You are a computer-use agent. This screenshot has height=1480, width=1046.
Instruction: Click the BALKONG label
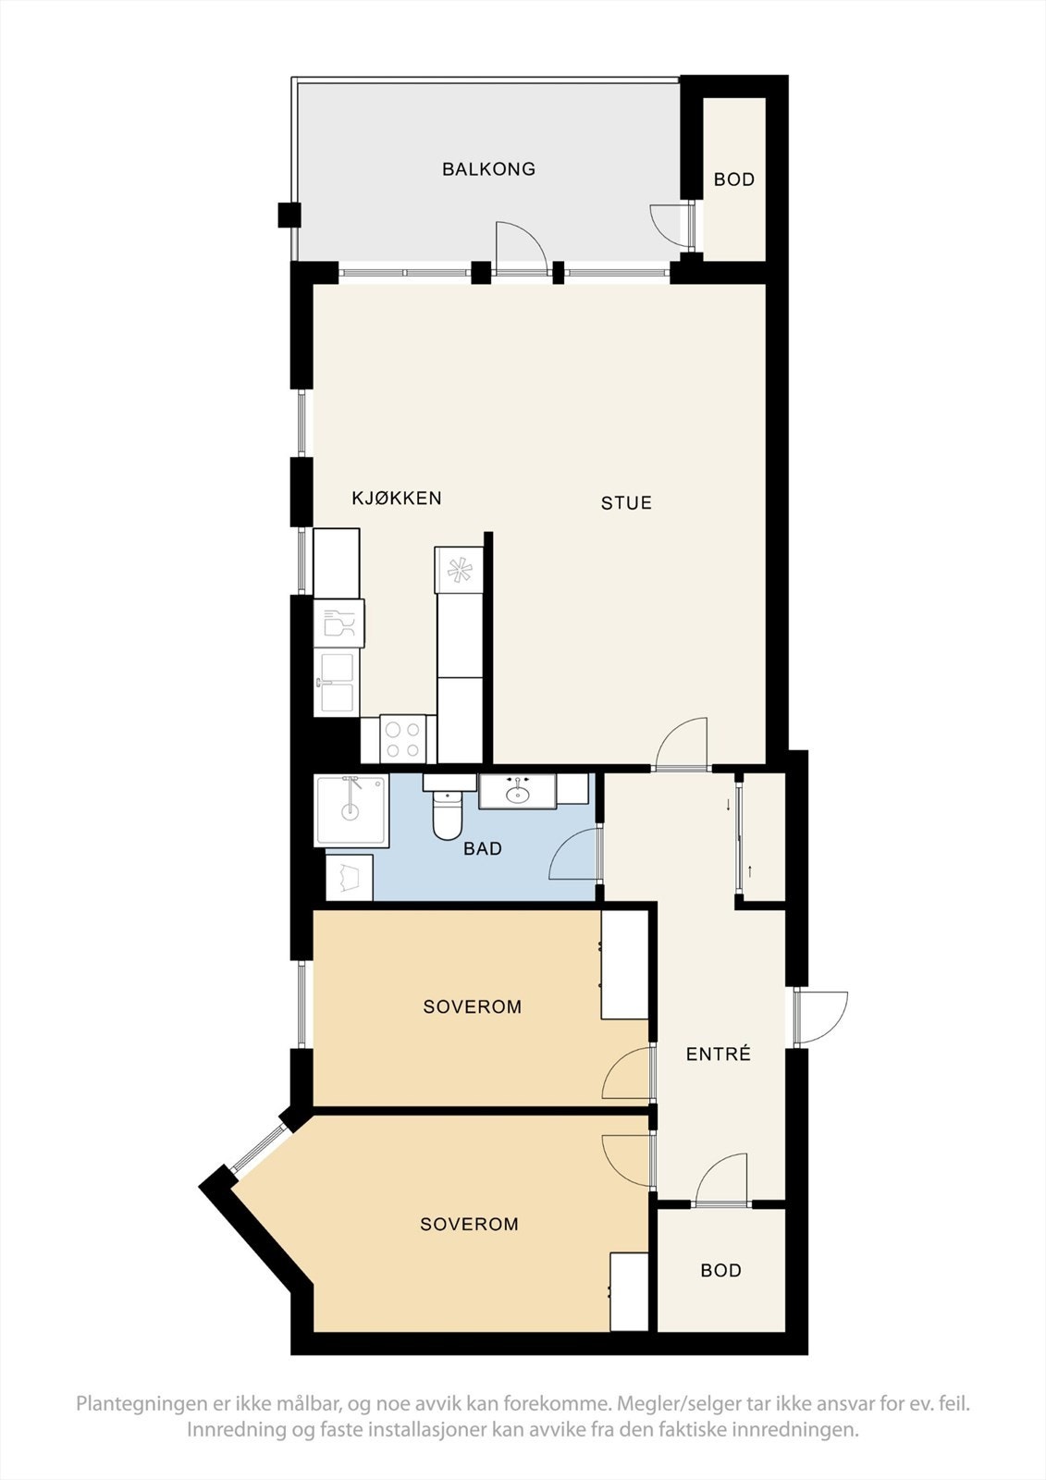coord(488,169)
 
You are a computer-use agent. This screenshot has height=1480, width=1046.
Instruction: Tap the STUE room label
coord(626,503)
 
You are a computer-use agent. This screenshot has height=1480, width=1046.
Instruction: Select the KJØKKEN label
coord(397,499)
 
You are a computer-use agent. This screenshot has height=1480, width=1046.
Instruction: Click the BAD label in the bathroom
coord(483,848)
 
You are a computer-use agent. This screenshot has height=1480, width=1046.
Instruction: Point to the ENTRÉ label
coord(719,1054)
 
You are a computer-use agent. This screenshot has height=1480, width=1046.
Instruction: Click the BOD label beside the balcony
coord(734,179)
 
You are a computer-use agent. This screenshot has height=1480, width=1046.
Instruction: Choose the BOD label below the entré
coord(720,1270)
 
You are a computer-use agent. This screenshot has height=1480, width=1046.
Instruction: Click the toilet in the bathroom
coord(449,814)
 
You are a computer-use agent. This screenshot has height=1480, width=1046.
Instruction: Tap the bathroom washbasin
coord(517,792)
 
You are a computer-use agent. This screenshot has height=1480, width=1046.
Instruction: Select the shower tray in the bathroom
coord(351,810)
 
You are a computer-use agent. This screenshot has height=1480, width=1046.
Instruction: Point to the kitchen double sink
coord(335,684)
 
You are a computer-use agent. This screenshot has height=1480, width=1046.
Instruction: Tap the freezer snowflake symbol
coord(459,570)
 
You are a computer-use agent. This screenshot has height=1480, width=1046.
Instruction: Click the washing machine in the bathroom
coord(350,877)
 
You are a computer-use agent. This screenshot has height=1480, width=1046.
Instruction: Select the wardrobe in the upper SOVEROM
coord(624,965)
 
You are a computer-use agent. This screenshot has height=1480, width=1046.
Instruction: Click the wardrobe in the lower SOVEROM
coord(629,1292)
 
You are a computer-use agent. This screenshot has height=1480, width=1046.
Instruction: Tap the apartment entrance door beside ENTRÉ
coord(819,1017)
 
